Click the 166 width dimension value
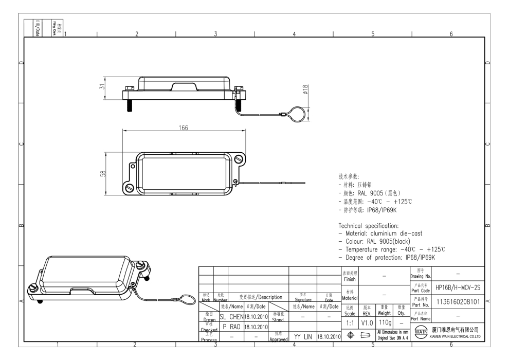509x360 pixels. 183,128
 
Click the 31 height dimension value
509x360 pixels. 102,88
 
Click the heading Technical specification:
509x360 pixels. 375,226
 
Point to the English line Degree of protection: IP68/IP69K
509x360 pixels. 387,257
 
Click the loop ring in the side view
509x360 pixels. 297,112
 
